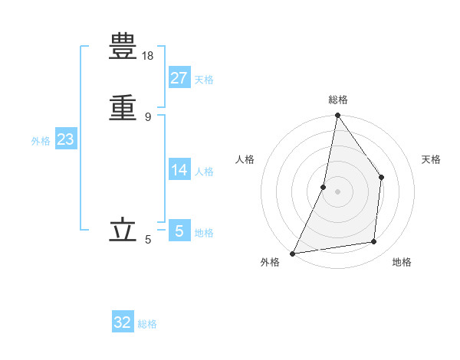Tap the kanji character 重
[x=124, y=106]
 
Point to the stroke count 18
[x=148, y=56]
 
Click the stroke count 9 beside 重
[x=148, y=116]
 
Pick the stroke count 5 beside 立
[x=148, y=240]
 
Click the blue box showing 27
[x=179, y=78]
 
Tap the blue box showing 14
[x=179, y=170]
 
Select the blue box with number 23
[x=65, y=139]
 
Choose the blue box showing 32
[x=123, y=322]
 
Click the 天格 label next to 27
[x=204, y=80]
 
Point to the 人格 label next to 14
[x=204, y=172]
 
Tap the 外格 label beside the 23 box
[x=41, y=141]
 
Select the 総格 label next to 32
[x=147, y=324]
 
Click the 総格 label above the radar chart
[x=338, y=100]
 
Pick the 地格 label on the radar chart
[x=402, y=262]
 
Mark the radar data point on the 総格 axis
[x=337, y=116]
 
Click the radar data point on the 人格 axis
[x=324, y=187]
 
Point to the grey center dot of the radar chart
[x=337, y=191]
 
